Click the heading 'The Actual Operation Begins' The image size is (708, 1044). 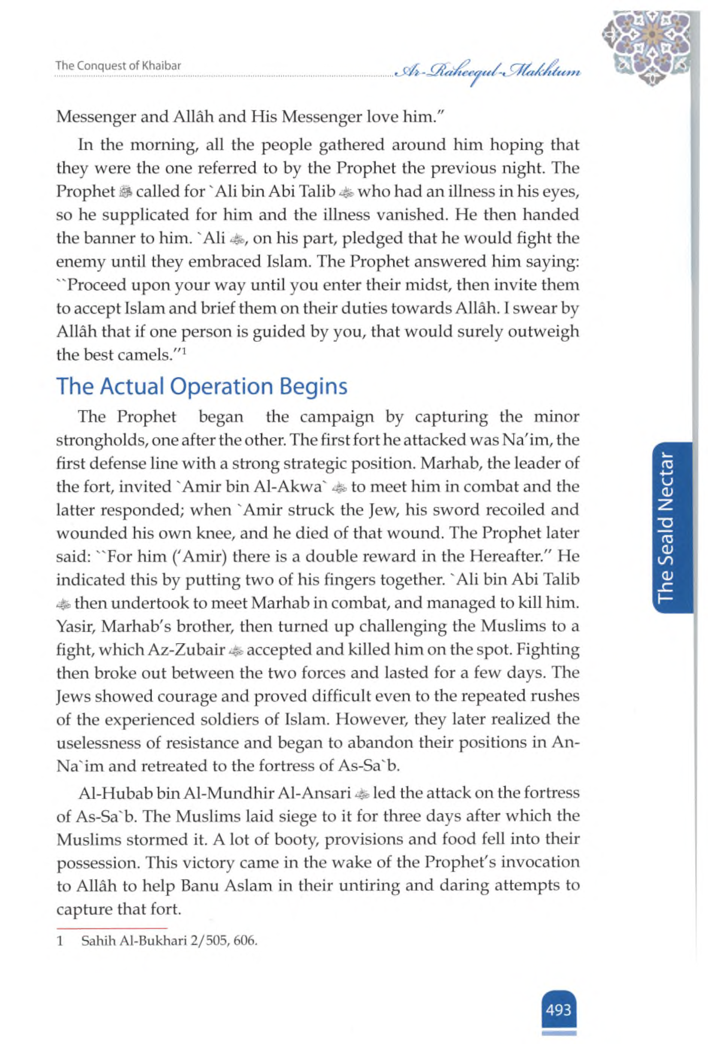pyautogui.click(x=201, y=386)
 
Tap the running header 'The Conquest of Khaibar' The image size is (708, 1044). pyautogui.click(x=118, y=65)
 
